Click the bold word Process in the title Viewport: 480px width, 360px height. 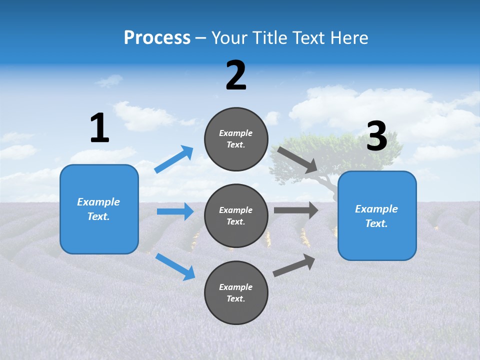pyautogui.click(x=157, y=38)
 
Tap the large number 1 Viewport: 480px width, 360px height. pyautogui.click(x=99, y=128)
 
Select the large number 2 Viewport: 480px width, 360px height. pyautogui.click(x=236, y=75)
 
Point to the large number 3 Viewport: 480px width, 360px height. pyautogui.click(x=377, y=136)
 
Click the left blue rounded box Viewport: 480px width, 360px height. pyautogui.click(x=99, y=209)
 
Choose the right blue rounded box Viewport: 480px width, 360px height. pyautogui.click(x=377, y=215)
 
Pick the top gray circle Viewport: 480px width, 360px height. pyautogui.click(x=236, y=139)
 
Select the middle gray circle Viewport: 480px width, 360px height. pyautogui.click(x=236, y=215)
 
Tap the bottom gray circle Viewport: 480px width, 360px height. pyautogui.click(x=236, y=292)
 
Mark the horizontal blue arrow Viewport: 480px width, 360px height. pyautogui.click(x=175, y=211)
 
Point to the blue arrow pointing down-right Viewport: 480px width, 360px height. pyautogui.click(x=175, y=266)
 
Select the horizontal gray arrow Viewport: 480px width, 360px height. pyautogui.click(x=295, y=210)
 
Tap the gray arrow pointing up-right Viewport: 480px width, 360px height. pyautogui.click(x=294, y=265)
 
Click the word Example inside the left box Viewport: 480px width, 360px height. pyautogui.click(x=98, y=202)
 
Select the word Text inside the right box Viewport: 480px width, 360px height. pyautogui.click(x=376, y=223)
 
